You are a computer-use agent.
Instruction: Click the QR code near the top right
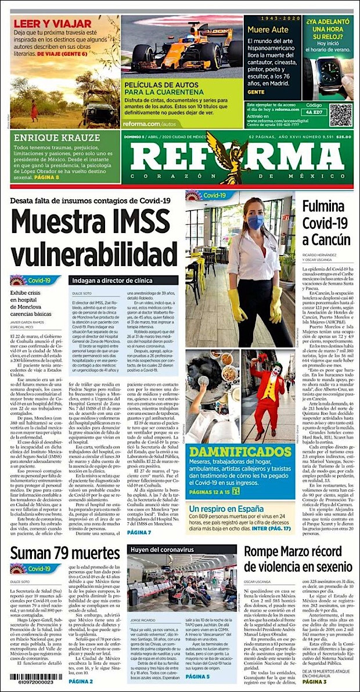[x=341, y=115]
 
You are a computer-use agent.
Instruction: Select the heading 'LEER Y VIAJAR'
[x=53, y=24]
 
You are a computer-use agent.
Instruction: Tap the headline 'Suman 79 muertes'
[x=64, y=552]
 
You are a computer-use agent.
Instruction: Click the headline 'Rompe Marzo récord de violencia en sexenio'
[x=298, y=558]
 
